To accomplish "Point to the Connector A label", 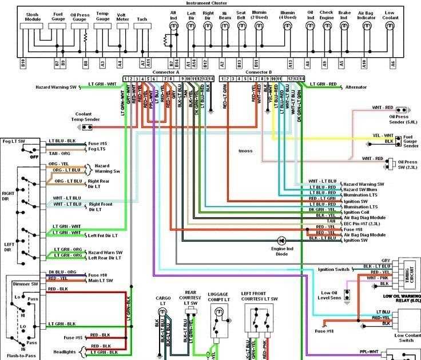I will tap(165, 73).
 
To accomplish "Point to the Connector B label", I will tap(258, 73).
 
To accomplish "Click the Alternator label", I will tap(356, 87).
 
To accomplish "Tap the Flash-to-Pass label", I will tap(23, 355).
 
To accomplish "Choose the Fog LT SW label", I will tap(14, 141).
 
